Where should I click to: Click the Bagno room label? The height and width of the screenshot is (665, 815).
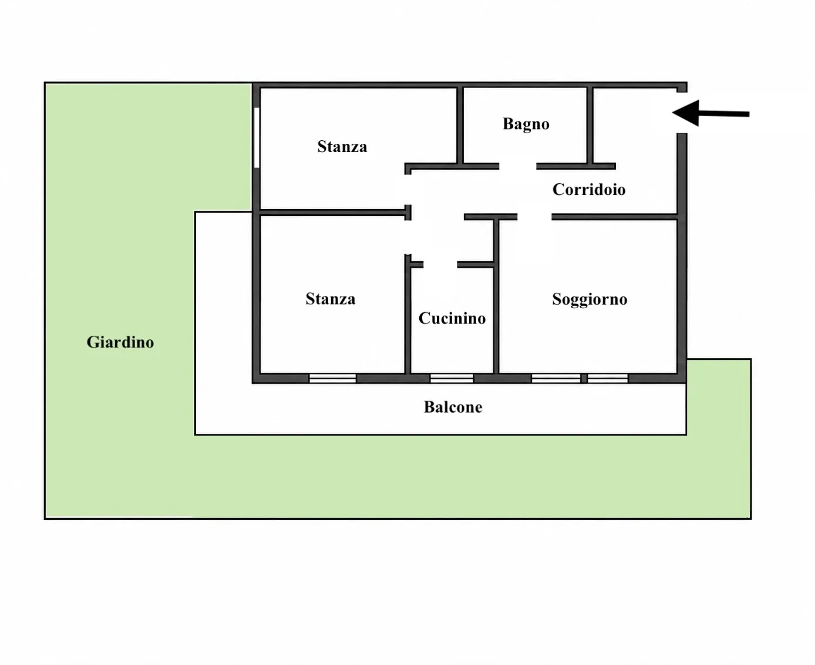(526, 124)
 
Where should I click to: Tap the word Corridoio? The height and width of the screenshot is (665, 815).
(588, 190)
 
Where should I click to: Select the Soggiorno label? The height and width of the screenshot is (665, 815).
(590, 299)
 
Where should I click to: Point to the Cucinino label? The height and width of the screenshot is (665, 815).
(452, 318)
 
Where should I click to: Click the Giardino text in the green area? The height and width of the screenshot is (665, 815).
(120, 342)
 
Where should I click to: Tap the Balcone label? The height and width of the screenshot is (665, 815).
(453, 407)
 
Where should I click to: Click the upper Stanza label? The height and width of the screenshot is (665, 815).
(342, 147)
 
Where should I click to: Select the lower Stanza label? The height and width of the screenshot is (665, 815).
(330, 299)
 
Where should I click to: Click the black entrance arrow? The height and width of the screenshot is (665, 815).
(710, 113)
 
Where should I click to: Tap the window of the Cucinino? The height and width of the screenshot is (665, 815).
(452, 378)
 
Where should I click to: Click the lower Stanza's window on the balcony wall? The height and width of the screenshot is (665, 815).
(332, 378)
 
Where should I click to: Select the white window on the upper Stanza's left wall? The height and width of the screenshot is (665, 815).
(257, 137)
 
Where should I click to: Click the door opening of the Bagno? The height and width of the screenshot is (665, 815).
(517, 167)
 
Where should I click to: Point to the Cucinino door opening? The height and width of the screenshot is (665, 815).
(440, 265)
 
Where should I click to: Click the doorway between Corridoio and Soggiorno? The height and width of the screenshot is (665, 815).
(534, 217)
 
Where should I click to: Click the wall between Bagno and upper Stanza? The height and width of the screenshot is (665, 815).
(460, 126)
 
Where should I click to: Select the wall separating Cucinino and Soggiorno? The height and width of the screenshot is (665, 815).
(496, 296)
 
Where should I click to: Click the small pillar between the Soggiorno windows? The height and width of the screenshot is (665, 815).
(584, 378)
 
